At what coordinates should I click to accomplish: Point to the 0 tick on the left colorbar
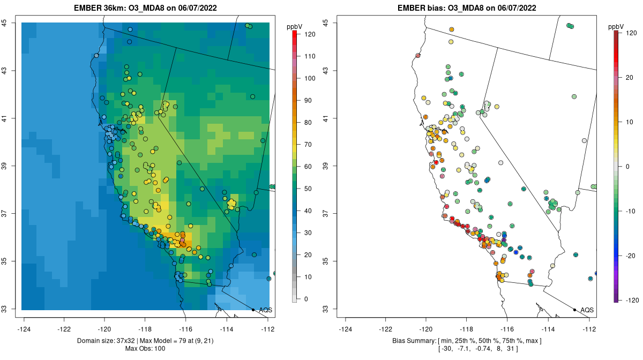coord(306,299)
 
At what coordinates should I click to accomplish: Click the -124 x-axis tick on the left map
coord(24,328)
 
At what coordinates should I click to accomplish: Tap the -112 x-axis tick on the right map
coord(589,328)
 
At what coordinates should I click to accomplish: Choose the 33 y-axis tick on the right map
coord(326,309)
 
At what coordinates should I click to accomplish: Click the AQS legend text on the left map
coord(265,310)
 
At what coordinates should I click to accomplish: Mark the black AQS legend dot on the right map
coord(574,310)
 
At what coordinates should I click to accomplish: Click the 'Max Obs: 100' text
coord(145,349)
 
